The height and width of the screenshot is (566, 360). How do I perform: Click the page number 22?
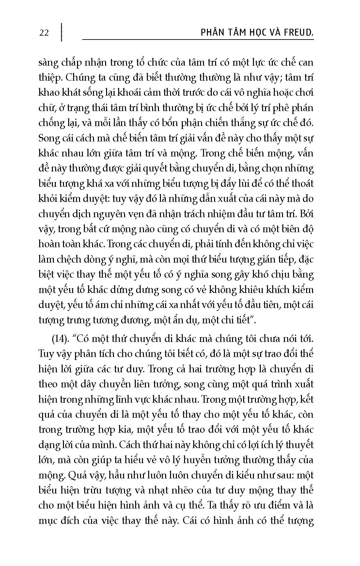pos(44,33)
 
